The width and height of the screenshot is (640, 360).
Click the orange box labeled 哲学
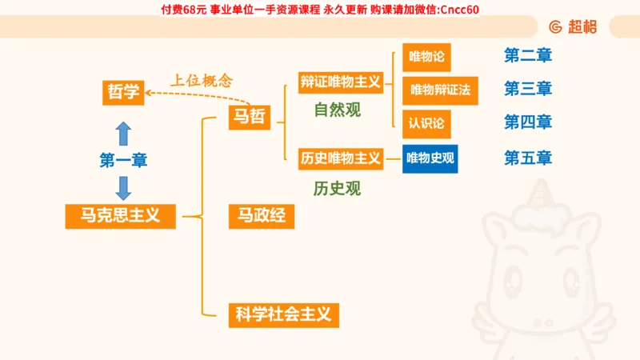(x=124, y=92)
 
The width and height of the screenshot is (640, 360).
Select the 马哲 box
(x=249, y=118)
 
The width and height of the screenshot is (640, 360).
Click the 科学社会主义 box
(x=283, y=314)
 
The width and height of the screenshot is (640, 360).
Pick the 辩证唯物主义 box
(x=340, y=82)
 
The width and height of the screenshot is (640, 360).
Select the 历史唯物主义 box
(x=340, y=158)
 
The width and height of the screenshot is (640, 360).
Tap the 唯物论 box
(x=426, y=58)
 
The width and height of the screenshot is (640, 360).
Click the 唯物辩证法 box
(x=440, y=90)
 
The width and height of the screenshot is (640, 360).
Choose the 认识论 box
(x=426, y=124)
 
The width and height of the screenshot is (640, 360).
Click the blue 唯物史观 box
(x=430, y=158)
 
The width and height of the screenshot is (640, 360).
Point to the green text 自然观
(x=337, y=110)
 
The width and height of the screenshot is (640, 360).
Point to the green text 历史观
(x=337, y=189)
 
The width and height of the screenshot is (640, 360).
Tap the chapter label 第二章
(x=528, y=56)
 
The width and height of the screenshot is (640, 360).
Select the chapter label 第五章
(x=528, y=158)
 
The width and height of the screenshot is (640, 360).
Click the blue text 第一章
(x=123, y=160)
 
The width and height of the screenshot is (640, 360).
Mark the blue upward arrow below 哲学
(x=123, y=132)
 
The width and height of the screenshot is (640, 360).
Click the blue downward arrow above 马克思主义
(x=123, y=187)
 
